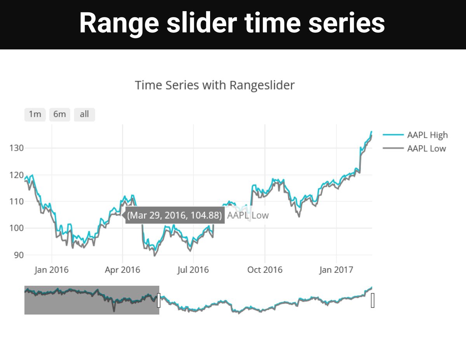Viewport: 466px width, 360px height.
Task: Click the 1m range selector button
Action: click(35, 115)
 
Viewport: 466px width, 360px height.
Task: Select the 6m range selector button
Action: click(59, 115)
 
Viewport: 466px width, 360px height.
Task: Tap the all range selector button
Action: click(84, 115)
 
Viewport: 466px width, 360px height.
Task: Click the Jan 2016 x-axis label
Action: click(51, 270)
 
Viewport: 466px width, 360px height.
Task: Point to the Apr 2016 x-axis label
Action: click(122, 270)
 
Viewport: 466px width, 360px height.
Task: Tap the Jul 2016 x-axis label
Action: click(193, 270)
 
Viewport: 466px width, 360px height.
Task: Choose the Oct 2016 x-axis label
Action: click(265, 270)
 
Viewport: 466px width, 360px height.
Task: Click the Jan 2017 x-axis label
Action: click(336, 270)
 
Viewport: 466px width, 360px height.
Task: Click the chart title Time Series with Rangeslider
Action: click(215, 85)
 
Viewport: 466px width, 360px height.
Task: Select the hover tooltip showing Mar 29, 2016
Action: click(174, 215)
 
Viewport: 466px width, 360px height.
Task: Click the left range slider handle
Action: click(159, 300)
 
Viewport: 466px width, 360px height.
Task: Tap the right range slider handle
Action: click(373, 300)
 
